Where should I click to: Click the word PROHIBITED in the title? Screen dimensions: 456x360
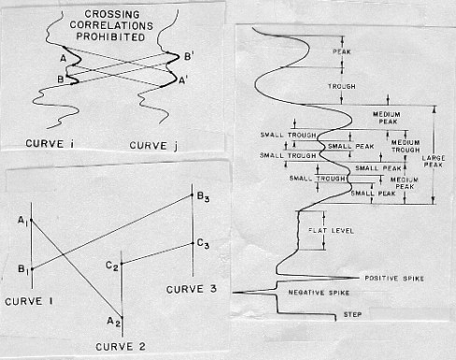[110, 36]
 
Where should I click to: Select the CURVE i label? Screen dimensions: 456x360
[50, 144]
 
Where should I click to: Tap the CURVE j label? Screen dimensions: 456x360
[153, 146]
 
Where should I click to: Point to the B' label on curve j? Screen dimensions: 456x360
[188, 57]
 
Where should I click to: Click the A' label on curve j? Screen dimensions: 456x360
[183, 80]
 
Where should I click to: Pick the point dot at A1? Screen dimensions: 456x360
[32, 221]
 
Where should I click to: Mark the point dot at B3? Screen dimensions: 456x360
[192, 195]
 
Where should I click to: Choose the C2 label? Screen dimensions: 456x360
[112, 266]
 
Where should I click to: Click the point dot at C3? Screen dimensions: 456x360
[192, 244]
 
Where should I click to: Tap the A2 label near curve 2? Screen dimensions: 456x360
[114, 322]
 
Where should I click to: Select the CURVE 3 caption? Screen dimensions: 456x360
[192, 289]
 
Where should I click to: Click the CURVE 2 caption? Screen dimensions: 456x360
[121, 347]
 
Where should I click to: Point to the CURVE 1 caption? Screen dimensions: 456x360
[29, 301]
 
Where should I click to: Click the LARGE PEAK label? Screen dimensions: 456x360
[434, 161]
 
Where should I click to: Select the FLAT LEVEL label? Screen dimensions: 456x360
[331, 231]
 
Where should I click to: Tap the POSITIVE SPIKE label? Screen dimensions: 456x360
[394, 279]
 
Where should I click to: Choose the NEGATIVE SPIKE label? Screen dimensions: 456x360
[319, 293]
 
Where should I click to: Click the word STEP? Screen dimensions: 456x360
[352, 314]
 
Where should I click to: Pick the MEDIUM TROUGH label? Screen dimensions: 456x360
[406, 146]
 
